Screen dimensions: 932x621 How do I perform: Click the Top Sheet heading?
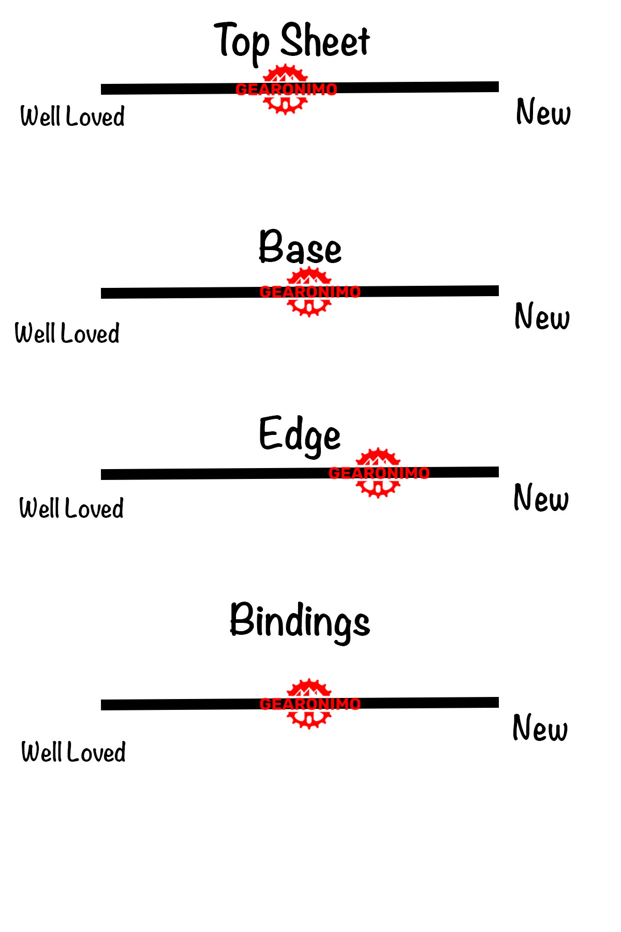[x=292, y=41]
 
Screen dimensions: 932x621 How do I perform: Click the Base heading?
[x=300, y=247]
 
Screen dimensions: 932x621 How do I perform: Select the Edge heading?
[x=300, y=435]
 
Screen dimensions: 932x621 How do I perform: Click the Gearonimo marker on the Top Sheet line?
[x=286, y=89]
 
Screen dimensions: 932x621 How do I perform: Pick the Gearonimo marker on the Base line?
[x=309, y=292]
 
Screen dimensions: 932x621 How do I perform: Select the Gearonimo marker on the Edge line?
[x=379, y=473]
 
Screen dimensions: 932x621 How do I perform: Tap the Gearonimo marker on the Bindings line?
[x=309, y=704]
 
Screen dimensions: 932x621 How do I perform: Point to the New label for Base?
[x=542, y=316]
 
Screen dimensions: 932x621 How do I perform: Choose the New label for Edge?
[x=541, y=498]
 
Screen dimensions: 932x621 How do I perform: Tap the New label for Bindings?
[x=540, y=728]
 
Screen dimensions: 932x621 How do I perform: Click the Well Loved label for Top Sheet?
[x=72, y=116]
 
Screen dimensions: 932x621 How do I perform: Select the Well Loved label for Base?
[x=67, y=333]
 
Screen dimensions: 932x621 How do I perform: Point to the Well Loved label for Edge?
[x=71, y=508]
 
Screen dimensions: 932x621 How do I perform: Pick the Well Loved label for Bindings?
[x=73, y=752]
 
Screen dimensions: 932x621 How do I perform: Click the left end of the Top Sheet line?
[x=103, y=90]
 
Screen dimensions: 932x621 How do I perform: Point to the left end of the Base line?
[x=103, y=294]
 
